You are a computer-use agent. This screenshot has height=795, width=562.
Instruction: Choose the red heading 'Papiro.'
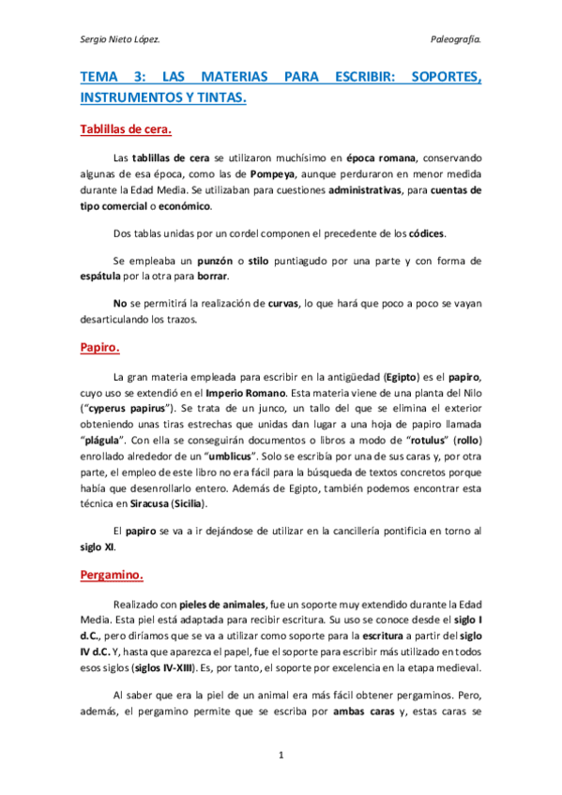click(x=99, y=347)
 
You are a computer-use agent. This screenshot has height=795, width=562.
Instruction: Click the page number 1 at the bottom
click(x=281, y=754)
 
